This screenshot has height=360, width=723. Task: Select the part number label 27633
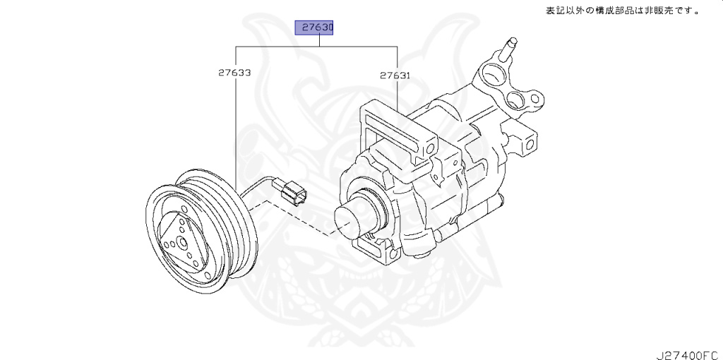pos(234,73)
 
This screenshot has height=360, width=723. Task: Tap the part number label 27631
pos(395,73)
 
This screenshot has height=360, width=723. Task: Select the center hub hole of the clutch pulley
pos(181,244)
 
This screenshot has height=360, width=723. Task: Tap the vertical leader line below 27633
pos(234,127)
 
